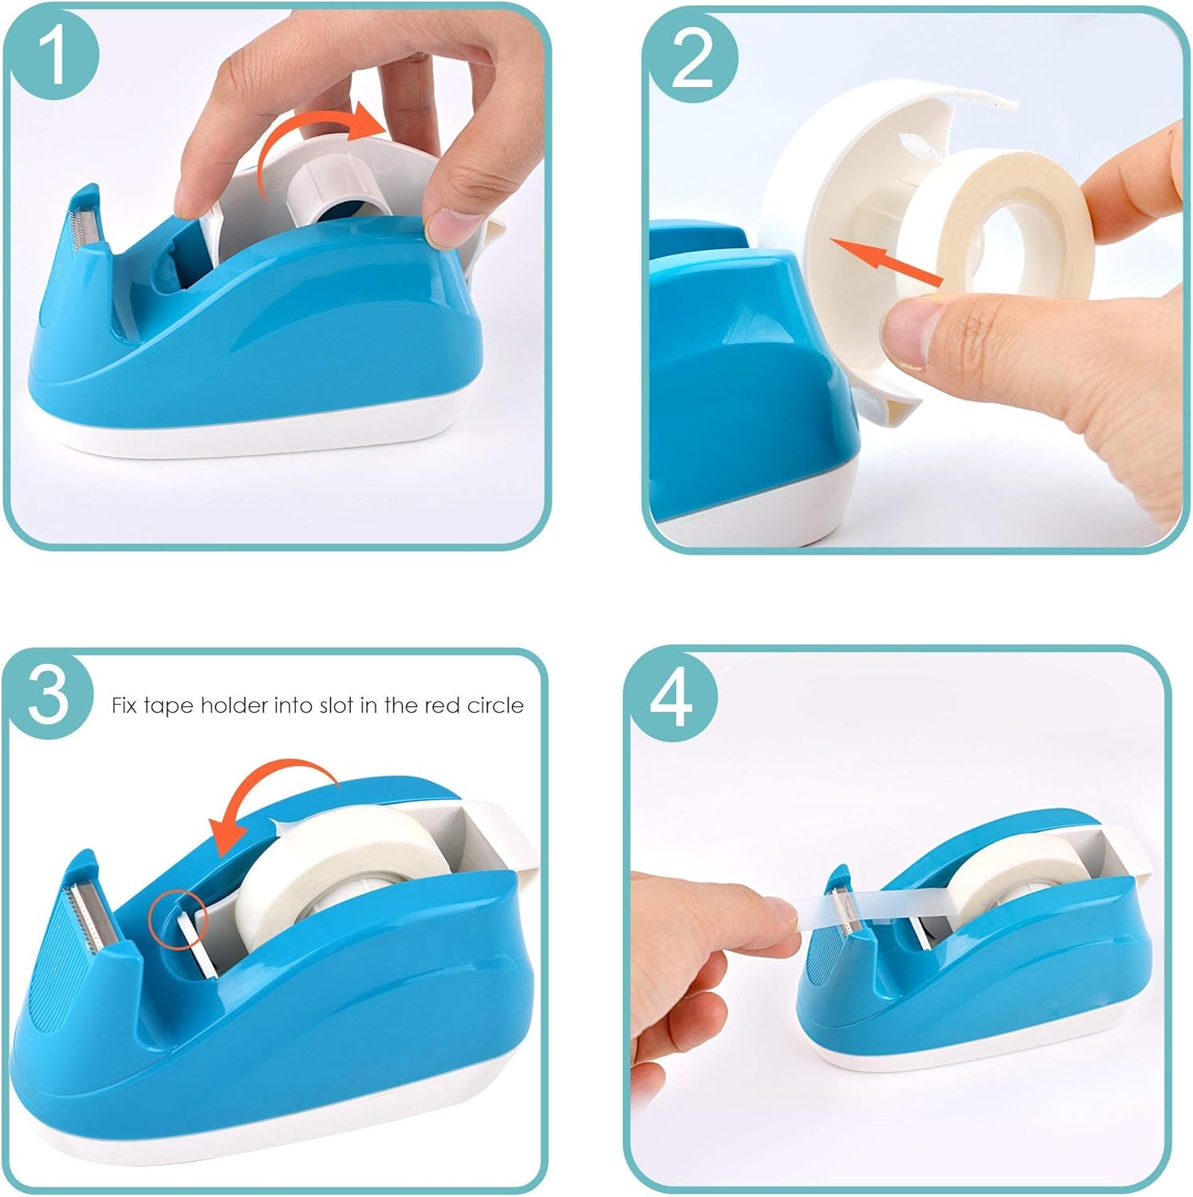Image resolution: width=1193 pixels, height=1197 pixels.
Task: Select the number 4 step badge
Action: [671, 699]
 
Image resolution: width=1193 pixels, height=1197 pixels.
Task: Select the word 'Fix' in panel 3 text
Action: [124, 705]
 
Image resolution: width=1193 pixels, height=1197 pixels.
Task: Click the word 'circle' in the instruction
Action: [495, 705]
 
